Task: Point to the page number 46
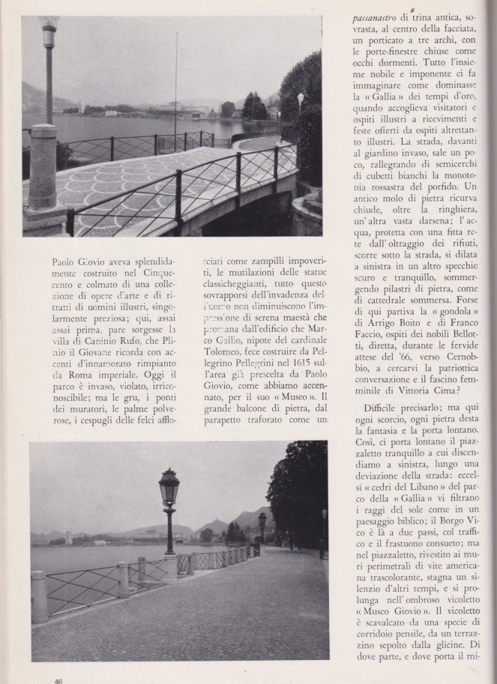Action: point(57,680)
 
